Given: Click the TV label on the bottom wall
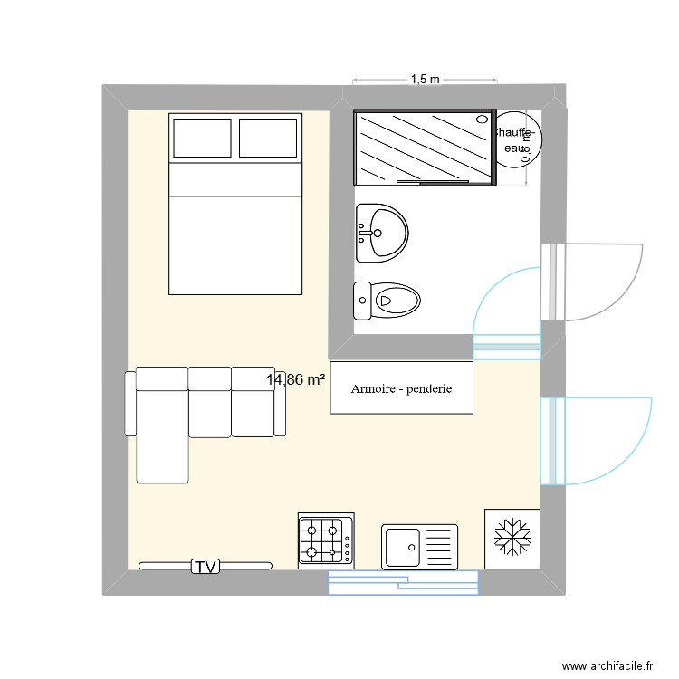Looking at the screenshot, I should [206, 567].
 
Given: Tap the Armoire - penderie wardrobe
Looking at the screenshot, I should [401, 388].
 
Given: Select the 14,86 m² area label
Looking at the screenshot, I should [296, 380].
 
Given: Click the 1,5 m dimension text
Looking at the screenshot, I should [425, 80].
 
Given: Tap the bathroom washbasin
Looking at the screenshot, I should [382, 233].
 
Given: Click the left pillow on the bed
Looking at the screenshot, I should [201, 137].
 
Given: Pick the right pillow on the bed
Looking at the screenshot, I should [269, 137].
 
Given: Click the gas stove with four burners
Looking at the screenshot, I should [326, 540].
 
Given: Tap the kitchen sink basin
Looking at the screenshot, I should [400, 546].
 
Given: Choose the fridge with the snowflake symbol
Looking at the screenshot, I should [512, 538].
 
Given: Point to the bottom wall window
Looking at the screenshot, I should [402, 583].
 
